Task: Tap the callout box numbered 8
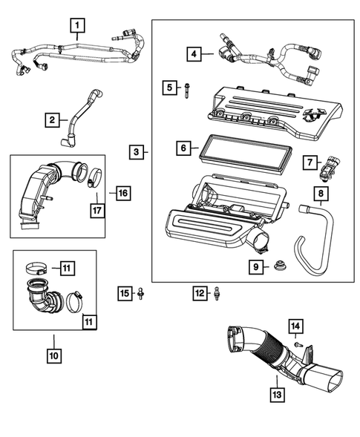click(321, 195)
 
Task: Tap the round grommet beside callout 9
click(281, 265)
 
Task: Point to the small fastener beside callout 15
click(141, 295)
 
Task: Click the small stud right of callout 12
click(217, 294)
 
